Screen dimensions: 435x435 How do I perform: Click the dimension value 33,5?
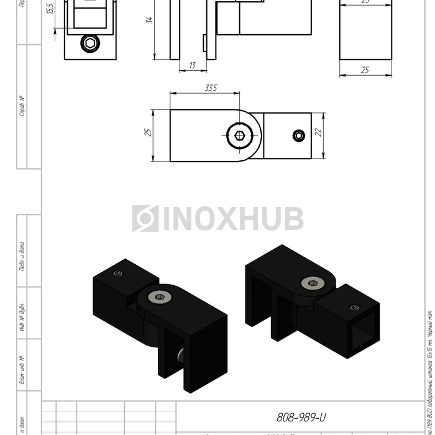click(211, 88)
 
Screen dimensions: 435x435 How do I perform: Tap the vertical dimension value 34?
click(149, 21)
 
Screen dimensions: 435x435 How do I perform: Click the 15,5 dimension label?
click(50, 9)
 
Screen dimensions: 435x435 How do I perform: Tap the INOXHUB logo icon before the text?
click(145, 219)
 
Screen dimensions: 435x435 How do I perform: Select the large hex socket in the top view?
click(240, 136)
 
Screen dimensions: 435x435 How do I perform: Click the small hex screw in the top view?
click(300, 136)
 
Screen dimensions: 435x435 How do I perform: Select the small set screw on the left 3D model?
click(118, 273)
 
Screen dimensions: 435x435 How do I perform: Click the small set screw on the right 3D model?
click(354, 307)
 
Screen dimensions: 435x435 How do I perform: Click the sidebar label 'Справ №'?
click(22, 106)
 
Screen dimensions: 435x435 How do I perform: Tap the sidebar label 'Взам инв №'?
click(22, 369)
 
